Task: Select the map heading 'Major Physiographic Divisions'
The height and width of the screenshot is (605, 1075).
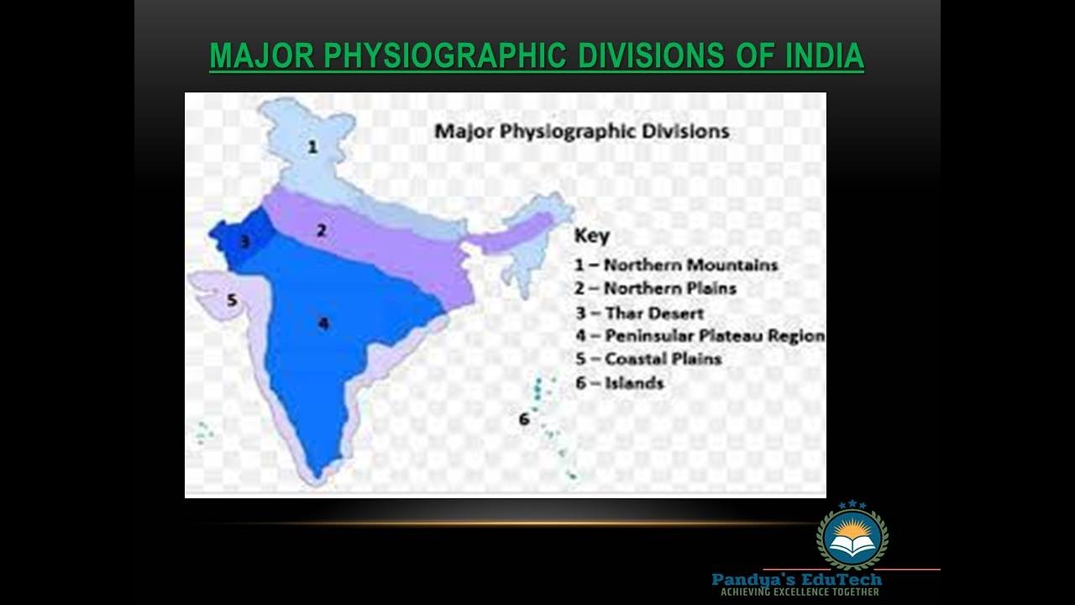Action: click(581, 132)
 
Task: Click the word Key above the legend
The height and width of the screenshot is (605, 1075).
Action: click(592, 235)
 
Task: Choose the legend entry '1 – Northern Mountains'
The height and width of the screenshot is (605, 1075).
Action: click(676, 265)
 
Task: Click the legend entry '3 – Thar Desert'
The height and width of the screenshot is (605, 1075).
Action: click(639, 313)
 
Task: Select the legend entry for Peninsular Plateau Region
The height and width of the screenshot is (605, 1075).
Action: click(700, 335)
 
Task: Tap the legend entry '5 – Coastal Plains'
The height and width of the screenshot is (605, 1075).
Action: click(648, 359)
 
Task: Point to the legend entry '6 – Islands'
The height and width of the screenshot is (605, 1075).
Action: click(619, 383)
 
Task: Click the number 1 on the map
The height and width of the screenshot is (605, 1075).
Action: click(312, 147)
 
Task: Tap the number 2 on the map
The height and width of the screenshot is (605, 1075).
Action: click(321, 229)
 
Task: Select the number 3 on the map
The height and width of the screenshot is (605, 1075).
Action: click(244, 242)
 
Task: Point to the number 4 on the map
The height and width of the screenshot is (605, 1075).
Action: click(322, 323)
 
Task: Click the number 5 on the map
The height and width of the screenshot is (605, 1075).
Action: click(232, 300)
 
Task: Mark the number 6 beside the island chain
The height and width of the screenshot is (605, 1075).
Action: click(524, 418)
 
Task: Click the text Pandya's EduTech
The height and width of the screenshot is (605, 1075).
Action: click(796, 579)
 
